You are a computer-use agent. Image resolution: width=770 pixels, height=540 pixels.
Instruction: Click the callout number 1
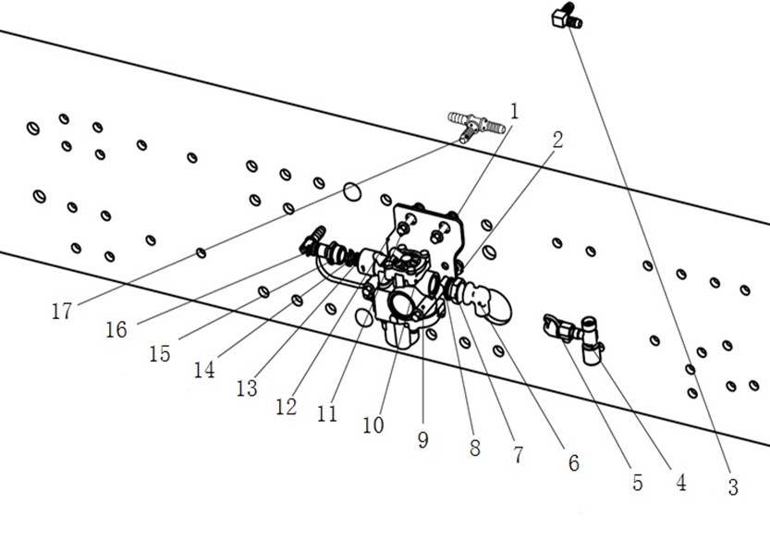[514, 112]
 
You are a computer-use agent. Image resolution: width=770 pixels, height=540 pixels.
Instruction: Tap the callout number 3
[733, 488]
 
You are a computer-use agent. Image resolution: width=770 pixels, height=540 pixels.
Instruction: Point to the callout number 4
[680, 482]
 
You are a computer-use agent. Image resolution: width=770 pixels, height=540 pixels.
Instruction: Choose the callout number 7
[518, 455]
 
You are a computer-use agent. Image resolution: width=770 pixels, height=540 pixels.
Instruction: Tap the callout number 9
[422, 440]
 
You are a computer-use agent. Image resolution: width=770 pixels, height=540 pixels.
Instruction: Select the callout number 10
[373, 425]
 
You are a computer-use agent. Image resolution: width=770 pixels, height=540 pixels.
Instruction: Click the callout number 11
[326, 413]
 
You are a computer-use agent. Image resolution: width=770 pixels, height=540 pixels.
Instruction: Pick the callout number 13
[247, 388]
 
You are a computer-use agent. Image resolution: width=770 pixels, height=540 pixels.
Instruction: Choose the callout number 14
[204, 369]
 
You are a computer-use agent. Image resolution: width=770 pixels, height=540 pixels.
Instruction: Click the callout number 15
[160, 353]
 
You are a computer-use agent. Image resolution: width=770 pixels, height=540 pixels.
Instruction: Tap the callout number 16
[116, 330]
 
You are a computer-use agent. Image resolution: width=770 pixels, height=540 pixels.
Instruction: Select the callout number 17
[61, 312]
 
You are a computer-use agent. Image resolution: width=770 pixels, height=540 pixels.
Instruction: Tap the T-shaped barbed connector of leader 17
[472, 123]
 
